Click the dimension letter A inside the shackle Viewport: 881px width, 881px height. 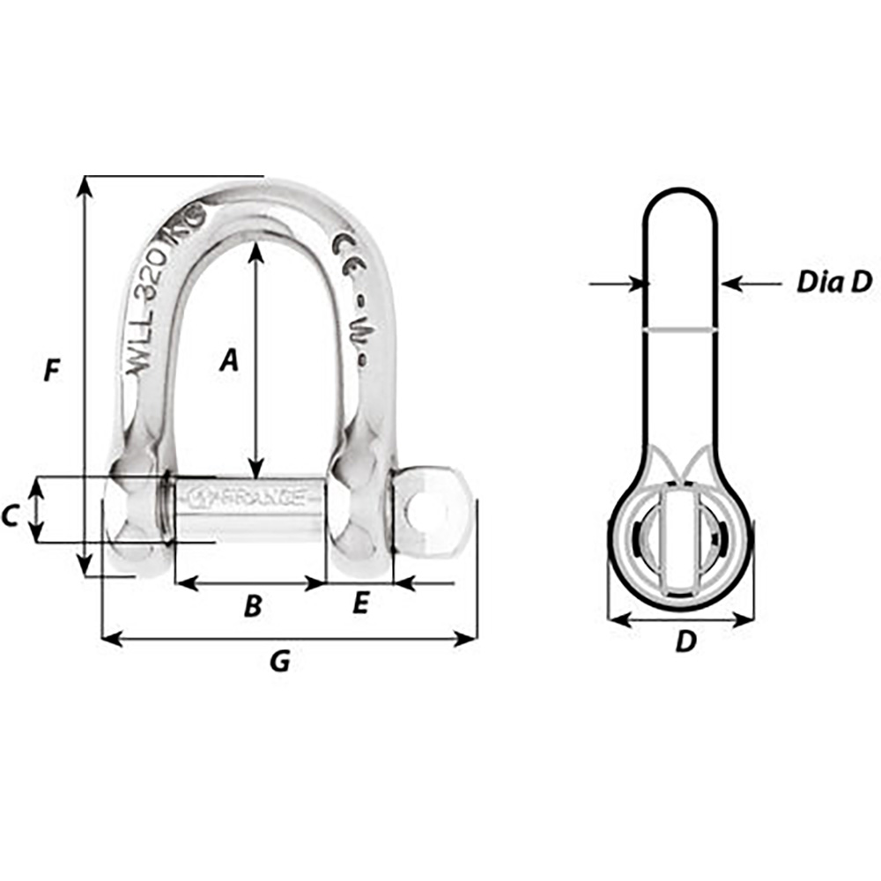pyautogui.click(x=229, y=359)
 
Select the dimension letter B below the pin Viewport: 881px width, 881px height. pyautogui.click(x=252, y=606)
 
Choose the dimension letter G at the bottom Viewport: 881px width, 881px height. pyautogui.click(x=279, y=661)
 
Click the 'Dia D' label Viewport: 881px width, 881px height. pyautogui.click(x=833, y=282)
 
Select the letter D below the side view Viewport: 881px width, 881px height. pyautogui.click(x=685, y=643)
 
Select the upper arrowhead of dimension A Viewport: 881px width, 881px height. pyautogui.click(x=255, y=251)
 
